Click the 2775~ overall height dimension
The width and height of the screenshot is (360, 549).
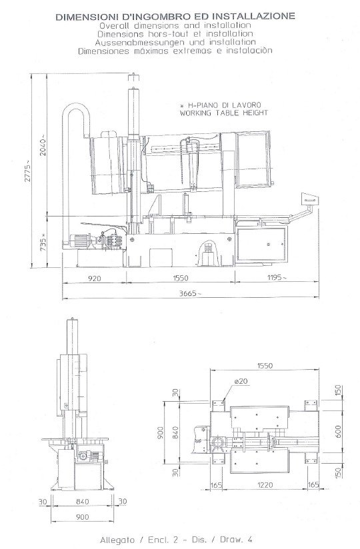coord(27,171)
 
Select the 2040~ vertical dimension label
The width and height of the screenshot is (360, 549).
coord(43,145)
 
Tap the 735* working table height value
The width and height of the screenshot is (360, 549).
coord(43,242)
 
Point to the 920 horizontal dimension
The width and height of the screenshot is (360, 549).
coord(94,278)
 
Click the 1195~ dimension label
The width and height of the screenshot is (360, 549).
coord(277,277)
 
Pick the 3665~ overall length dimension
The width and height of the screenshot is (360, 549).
coord(190,293)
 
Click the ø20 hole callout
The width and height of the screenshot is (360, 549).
coord(241,381)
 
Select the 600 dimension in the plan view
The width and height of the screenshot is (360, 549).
coord(337,431)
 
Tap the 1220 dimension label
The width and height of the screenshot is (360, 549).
coord(265,485)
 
